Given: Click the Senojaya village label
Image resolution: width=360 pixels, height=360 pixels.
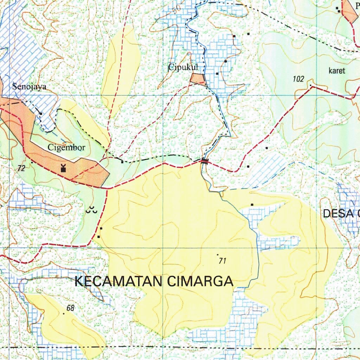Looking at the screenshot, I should tap(29, 86).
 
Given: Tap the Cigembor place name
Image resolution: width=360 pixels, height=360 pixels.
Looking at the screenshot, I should tap(66, 148).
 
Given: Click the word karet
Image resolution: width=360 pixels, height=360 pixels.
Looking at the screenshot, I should tap(337, 71).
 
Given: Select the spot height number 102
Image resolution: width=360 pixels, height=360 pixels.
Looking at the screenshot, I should tap(298, 79).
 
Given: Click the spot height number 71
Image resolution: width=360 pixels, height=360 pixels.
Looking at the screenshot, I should tap(222, 261).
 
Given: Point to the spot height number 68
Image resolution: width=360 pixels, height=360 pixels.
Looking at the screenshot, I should tap(71, 308).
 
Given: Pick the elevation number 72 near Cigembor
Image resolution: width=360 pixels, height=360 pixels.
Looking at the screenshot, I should tap(21, 168).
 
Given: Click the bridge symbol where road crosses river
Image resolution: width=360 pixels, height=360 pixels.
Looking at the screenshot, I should tap(205, 161).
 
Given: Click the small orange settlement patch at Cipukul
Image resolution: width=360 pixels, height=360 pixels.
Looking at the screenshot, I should tap(198, 79).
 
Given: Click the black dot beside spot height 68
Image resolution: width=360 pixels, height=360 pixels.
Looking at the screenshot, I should tap(64, 314).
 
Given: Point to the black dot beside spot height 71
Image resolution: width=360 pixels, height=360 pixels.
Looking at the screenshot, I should tap(218, 254).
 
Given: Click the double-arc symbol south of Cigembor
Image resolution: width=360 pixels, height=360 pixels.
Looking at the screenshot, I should tap(91, 211).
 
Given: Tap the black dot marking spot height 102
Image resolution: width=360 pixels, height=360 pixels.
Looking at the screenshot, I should tap(311, 85).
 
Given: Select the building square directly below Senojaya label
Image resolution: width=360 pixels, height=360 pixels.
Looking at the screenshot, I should tap(41, 114).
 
